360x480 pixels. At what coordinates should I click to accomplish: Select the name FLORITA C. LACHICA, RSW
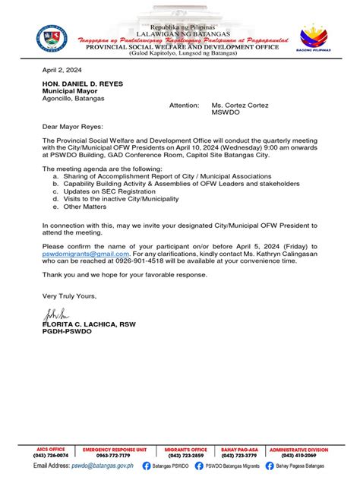pos(88,324)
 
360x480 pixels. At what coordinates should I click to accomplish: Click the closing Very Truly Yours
pos(69,295)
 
